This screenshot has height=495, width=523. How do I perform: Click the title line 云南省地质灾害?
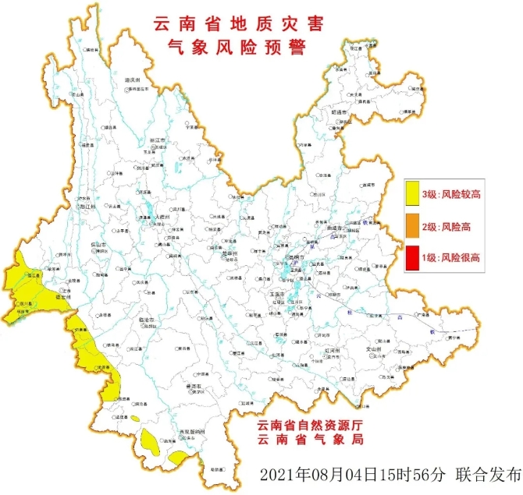(234, 23)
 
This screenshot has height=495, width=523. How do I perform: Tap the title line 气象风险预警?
(234, 48)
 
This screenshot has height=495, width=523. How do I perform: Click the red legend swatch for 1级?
(413, 257)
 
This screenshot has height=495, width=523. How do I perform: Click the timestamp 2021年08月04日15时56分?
(341, 475)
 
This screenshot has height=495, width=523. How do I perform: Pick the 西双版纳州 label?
(188, 431)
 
